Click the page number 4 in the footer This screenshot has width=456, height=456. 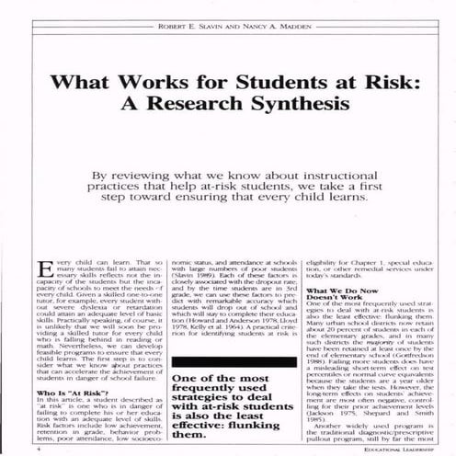click(x=37, y=450)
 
